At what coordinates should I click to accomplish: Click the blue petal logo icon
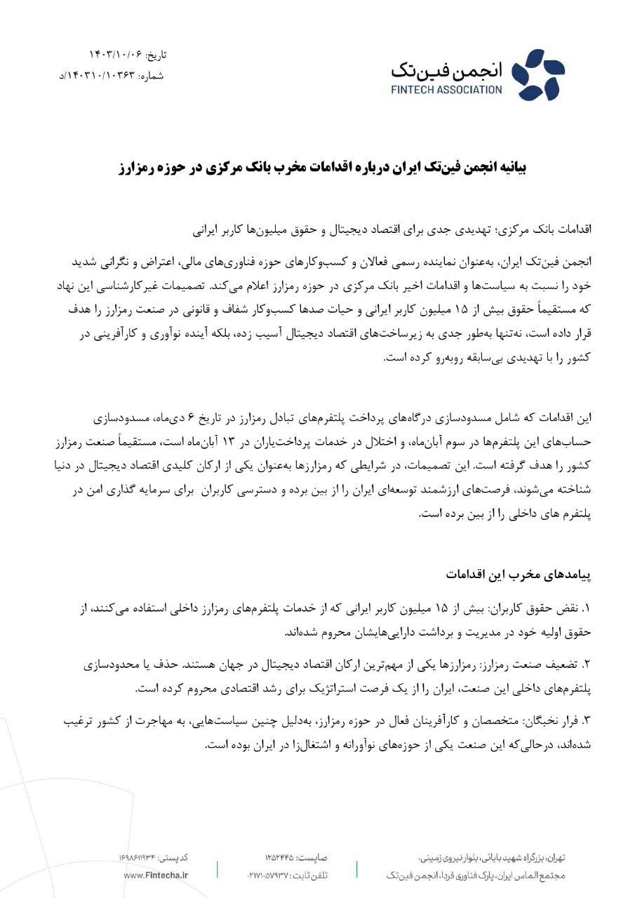click(538, 74)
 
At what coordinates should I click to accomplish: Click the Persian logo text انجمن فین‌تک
click(456, 69)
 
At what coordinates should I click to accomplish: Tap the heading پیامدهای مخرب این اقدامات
click(519, 574)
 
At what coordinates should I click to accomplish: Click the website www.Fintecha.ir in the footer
click(156, 875)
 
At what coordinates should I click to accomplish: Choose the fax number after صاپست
click(281, 858)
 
